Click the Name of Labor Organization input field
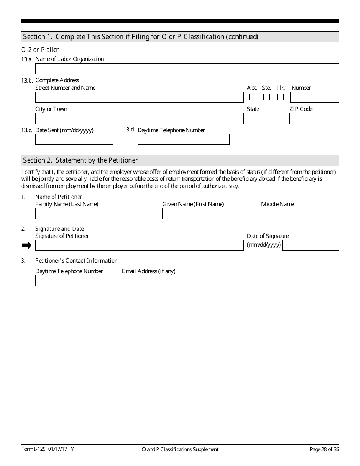(x=187, y=69)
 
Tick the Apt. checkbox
(x=252, y=97)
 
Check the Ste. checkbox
(x=266, y=97)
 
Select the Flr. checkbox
(x=280, y=97)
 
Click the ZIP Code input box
(x=314, y=119)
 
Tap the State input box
(x=266, y=119)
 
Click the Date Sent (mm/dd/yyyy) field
(x=74, y=139)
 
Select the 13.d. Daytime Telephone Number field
(x=183, y=139)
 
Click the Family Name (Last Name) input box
(x=97, y=214)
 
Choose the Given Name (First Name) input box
(x=210, y=214)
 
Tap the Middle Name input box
(x=300, y=214)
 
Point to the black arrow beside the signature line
(x=27, y=246)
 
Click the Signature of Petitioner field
(x=139, y=246)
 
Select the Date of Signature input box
(x=310, y=246)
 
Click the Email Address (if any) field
(x=230, y=280)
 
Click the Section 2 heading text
(x=80, y=160)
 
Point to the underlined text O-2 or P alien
(x=41, y=50)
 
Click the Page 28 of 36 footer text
(x=324, y=449)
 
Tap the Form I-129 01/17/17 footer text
(x=47, y=449)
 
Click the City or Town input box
(x=139, y=119)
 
